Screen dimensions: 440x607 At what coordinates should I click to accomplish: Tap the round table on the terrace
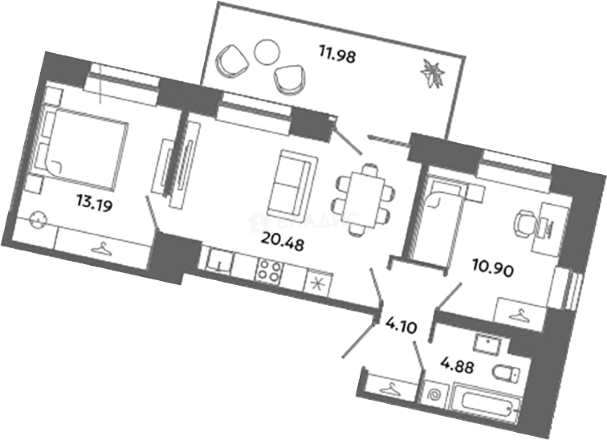tap(267, 52)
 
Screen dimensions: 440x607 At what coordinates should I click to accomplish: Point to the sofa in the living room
tap(290, 184)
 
